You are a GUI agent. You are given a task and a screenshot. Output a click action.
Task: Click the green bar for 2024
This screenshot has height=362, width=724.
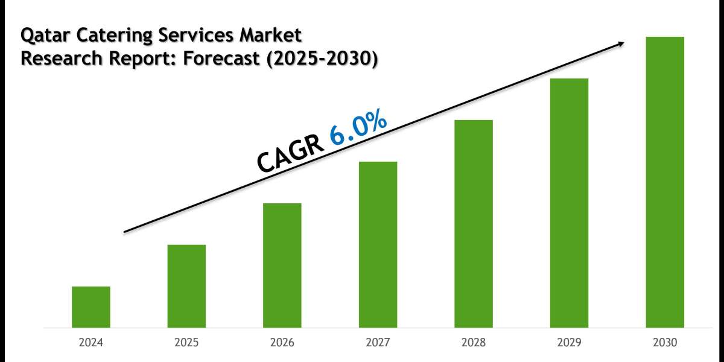pyautogui.click(x=91, y=307)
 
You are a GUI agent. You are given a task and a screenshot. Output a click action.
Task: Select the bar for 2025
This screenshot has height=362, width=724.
pyautogui.click(x=186, y=286)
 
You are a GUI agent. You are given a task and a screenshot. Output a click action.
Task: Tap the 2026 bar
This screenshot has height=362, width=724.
pyautogui.click(x=282, y=265)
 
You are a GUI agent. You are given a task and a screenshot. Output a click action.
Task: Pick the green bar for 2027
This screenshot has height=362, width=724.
pyautogui.click(x=378, y=244)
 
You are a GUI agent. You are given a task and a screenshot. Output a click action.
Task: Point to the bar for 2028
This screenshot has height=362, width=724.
pyautogui.click(x=474, y=224)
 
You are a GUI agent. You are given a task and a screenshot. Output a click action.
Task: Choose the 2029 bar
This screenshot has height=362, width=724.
pyautogui.click(x=569, y=203)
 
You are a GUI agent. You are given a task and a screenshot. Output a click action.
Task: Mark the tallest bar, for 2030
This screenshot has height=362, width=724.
pyautogui.click(x=665, y=182)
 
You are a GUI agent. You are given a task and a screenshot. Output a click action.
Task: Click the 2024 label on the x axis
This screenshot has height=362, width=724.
pyautogui.click(x=91, y=343)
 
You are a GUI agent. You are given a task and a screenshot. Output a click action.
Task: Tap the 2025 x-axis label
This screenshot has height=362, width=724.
pyautogui.click(x=186, y=343)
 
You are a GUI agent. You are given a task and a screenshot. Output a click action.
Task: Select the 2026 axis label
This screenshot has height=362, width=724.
pyautogui.click(x=282, y=343)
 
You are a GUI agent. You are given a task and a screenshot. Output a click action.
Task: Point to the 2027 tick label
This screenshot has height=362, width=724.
pyautogui.click(x=378, y=343)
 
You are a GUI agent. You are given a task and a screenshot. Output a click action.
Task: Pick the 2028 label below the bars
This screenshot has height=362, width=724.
pyautogui.click(x=474, y=343)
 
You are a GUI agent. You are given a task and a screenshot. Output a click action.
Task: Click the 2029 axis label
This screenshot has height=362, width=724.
pyautogui.click(x=569, y=343)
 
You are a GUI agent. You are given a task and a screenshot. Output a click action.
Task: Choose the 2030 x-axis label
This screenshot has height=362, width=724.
pyautogui.click(x=665, y=343)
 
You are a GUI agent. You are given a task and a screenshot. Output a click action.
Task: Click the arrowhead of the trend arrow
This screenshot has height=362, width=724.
pyautogui.click(x=620, y=43)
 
